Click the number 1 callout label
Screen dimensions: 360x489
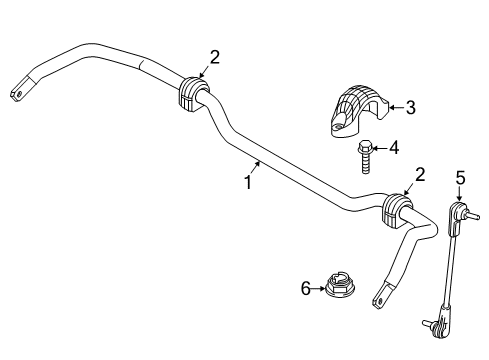246,182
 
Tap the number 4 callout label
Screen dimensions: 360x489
393,148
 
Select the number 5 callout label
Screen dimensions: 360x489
461,178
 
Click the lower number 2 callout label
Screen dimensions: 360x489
420,174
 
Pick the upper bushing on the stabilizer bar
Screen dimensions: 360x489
190,93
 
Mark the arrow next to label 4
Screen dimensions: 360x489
378,149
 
